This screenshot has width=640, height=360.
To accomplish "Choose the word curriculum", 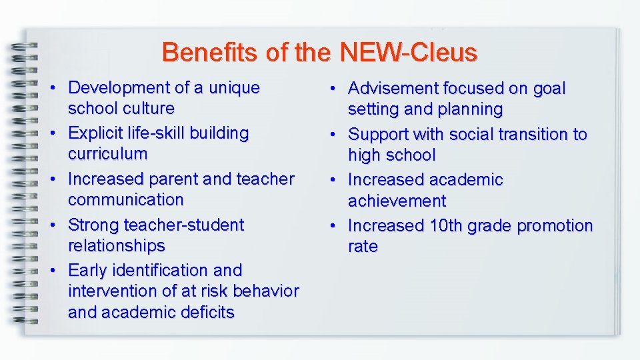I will tap(108, 153).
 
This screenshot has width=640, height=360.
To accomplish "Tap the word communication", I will tap(125, 199).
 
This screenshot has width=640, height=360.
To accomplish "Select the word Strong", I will tap(95, 225).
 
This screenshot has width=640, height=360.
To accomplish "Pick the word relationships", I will tap(117, 245).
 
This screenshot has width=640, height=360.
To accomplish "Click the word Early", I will tap(89, 270).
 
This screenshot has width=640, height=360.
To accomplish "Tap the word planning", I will tap(471, 109).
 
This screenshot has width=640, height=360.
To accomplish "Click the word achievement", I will tap(397, 201).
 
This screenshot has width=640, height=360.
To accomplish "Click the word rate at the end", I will tap(363, 246).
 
